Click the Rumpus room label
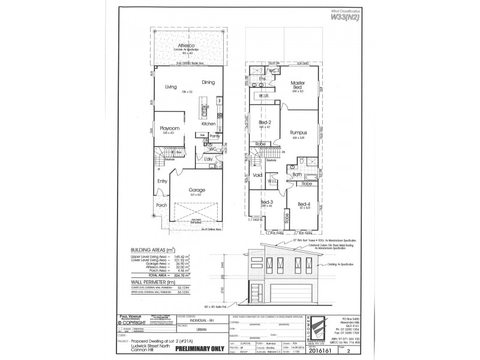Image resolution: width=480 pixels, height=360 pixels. point(298,133)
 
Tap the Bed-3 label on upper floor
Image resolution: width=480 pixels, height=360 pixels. point(266,202)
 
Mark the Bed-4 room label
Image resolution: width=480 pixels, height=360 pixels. point(304,203)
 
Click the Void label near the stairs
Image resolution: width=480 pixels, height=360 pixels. point(258,175)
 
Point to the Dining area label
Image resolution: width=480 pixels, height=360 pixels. point(208,82)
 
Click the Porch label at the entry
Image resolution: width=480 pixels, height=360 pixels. point(161,205)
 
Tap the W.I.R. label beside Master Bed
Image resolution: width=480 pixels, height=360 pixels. point(263,95)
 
